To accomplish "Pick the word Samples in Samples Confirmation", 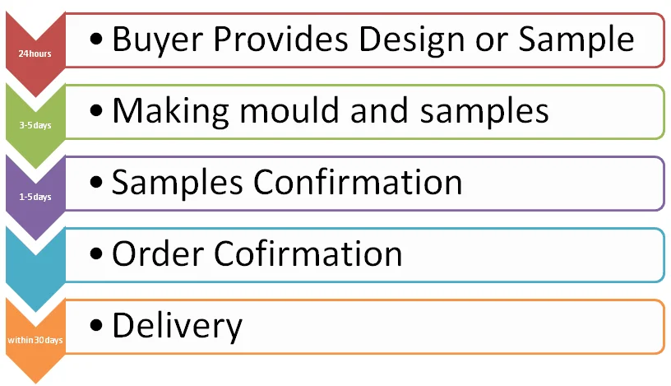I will pyautogui.click(x=177, y=183).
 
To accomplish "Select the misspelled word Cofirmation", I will pyautogui.click(x=308, y=254).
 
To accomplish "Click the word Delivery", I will pyautogui.click(x=177, y=326).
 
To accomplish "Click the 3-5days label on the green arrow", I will pyautogui.click(x=33, y=126).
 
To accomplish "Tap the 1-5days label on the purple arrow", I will pyautogui.click(x=33, y=198).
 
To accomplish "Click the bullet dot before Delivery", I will pyautogui.click(x=98, y=326).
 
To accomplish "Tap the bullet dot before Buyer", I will pyautogui.click(x=98, y=40).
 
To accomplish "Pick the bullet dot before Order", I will pyautogui.click(x=98, y=254).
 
